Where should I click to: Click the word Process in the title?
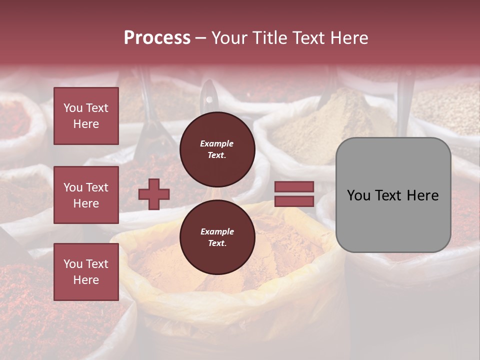157,37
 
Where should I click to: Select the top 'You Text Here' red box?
86,116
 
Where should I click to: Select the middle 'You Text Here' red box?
86,195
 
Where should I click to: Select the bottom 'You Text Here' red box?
86,271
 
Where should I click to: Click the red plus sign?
154,194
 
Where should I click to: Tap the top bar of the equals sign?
294,187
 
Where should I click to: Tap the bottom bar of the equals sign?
294,201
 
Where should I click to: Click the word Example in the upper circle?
216,143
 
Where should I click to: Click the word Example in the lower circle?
217,231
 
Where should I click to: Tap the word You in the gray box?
358,195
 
